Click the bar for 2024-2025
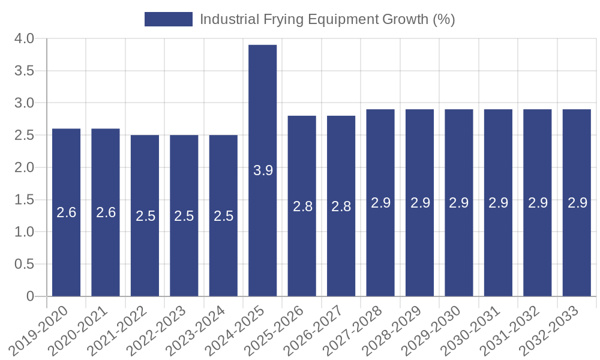263,120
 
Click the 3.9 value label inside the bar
263,170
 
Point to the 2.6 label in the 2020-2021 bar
106,212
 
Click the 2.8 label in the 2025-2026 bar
302,206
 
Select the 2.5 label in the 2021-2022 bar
145,216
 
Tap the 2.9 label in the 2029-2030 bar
459,203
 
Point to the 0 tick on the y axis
31,296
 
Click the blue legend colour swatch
168,19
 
